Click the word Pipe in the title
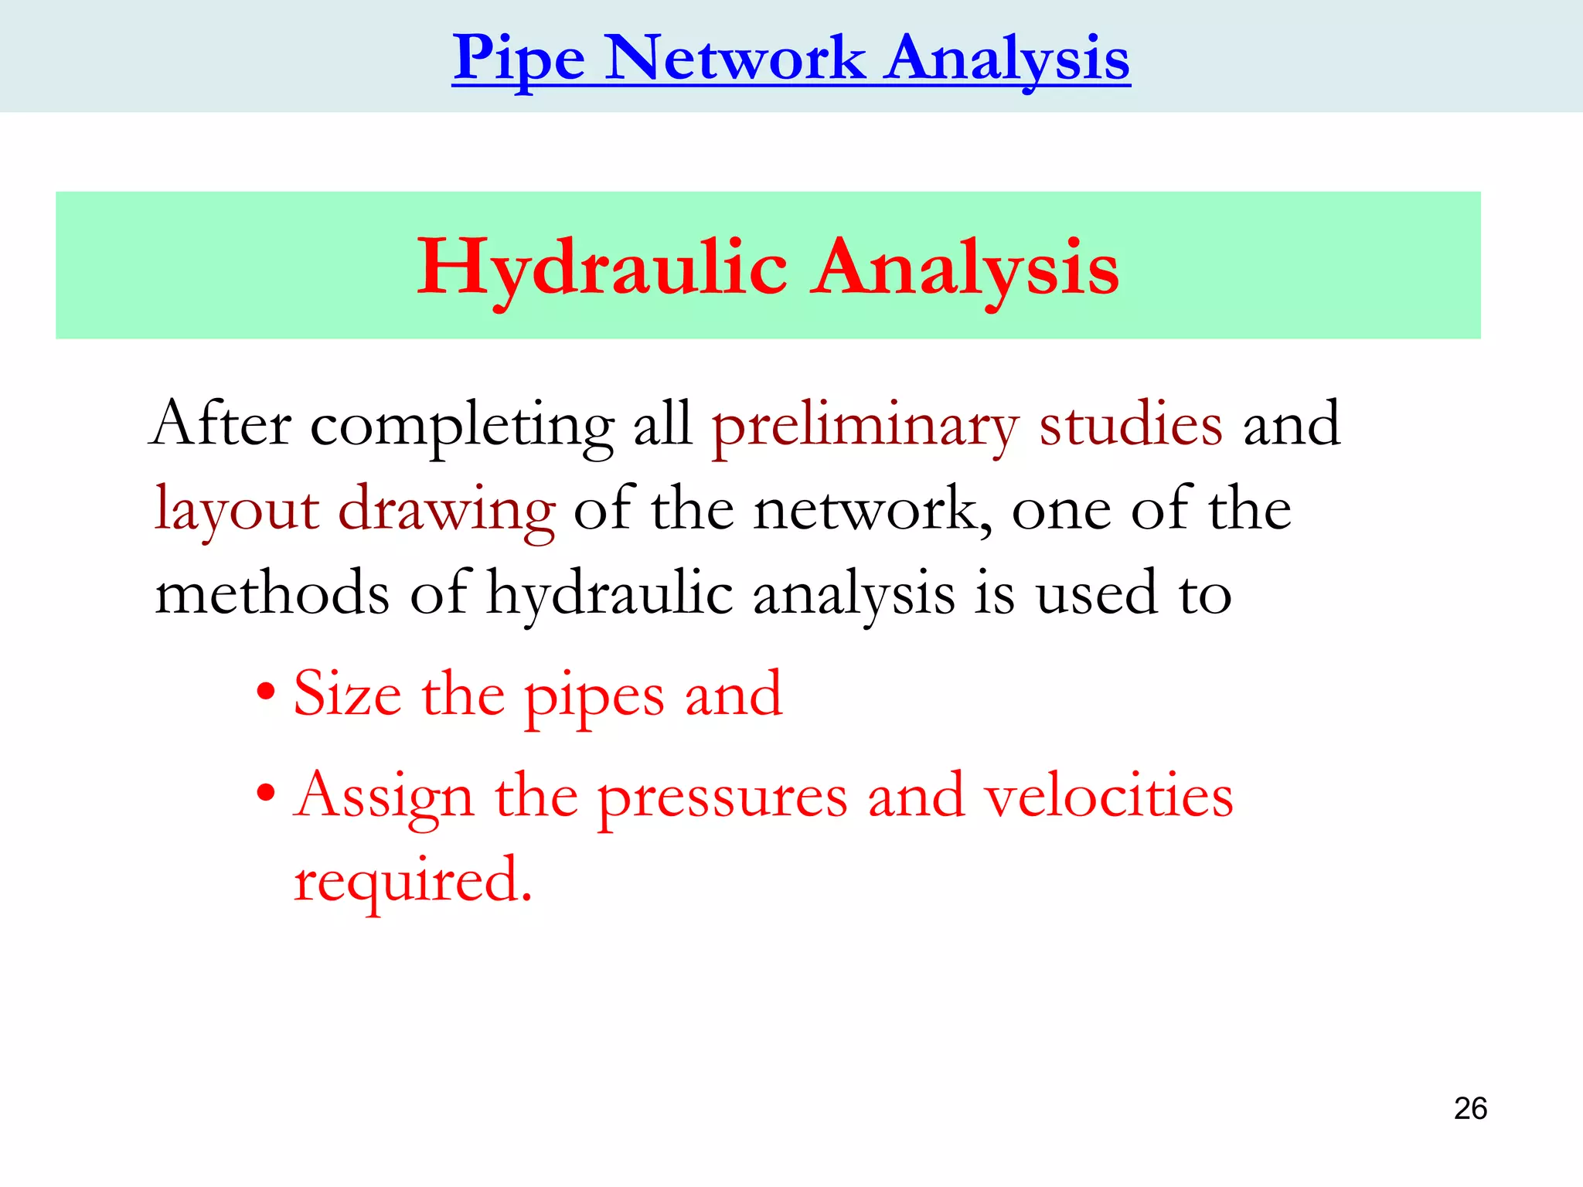click(519, 59)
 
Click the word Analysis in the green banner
click(965, 267)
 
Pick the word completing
click(462, 427)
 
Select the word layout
click(237, 510)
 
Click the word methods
click(272, 593)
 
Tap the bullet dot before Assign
click(266, 792)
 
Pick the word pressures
click(723, 798)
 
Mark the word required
click(413, 882)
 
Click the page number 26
click(1470, 1109)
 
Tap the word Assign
click(383, 798)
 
